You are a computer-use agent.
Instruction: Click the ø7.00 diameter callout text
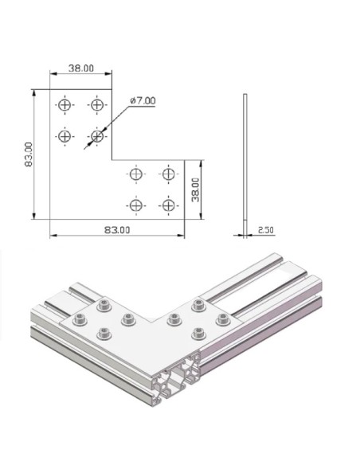tap(143, 100)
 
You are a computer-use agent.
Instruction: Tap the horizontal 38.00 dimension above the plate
tap(80, 69)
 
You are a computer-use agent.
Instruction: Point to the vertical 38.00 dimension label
tap(196, 190)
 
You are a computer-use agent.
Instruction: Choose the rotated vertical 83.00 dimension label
tap(28, 154)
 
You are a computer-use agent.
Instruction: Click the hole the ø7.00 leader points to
tap(97, 136)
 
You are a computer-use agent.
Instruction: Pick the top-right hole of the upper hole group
tap(97, 104)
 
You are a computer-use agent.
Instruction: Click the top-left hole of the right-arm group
tap(136, 174)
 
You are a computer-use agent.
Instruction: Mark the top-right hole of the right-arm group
tap(167, 174)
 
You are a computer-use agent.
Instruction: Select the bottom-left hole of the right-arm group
tap(136, 205)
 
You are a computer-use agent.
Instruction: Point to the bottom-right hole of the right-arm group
tap(167, 205)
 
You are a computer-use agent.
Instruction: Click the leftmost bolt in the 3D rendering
tap(79, 320)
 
